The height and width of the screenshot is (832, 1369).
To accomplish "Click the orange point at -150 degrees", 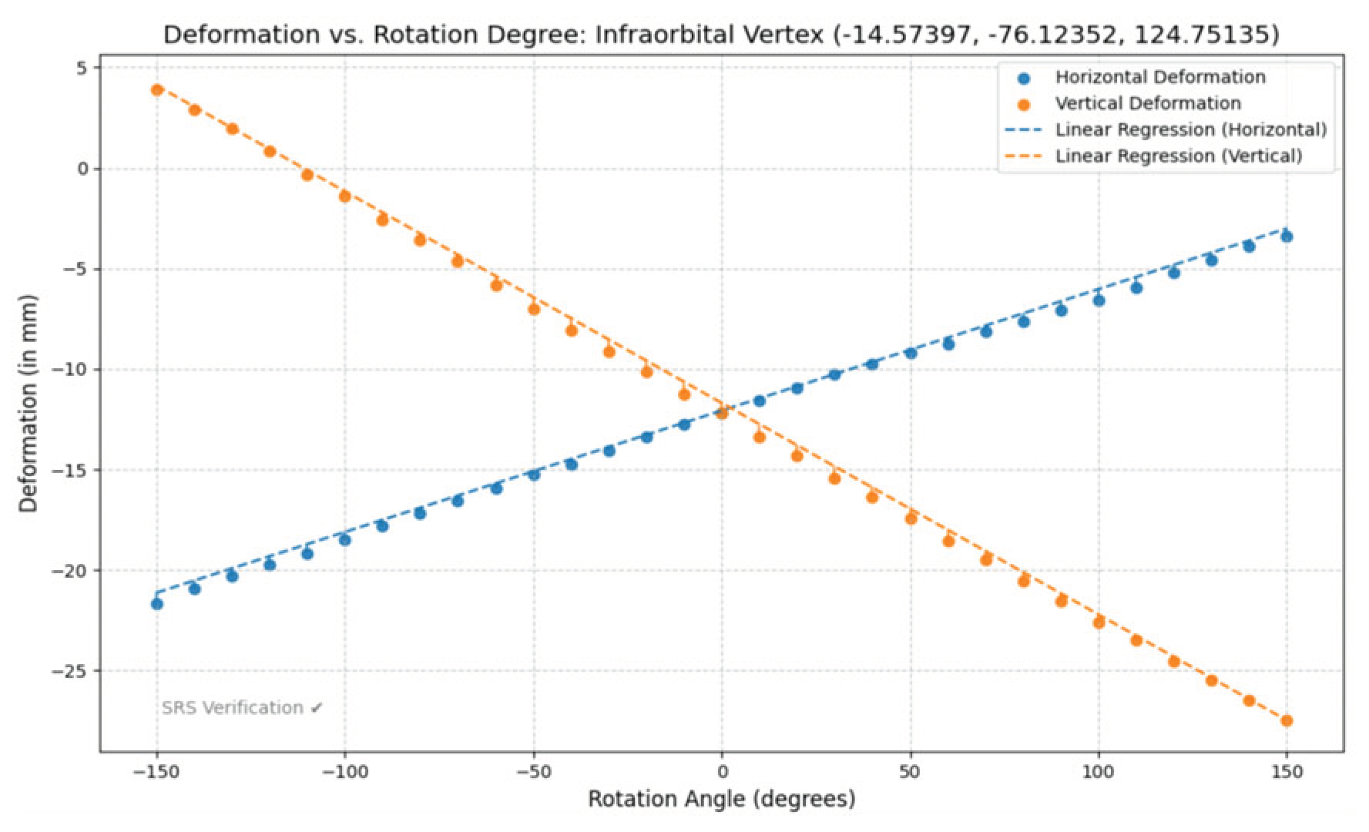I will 157,90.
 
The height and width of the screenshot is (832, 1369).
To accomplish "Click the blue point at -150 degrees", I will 157,603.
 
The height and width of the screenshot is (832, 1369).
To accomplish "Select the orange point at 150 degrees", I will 1286,720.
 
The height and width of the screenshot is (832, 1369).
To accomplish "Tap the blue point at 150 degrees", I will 1286,237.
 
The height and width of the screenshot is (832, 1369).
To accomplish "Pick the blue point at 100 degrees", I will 1099,300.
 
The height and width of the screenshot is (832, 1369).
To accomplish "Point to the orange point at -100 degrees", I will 345,196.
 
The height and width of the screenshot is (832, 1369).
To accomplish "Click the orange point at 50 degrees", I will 911,518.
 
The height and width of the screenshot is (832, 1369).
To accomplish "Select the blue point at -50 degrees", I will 534,475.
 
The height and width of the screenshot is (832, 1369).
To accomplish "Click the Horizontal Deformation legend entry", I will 1159,77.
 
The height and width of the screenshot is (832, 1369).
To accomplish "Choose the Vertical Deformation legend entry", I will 1148,103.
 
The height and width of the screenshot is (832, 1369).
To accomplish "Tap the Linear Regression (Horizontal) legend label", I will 1190,129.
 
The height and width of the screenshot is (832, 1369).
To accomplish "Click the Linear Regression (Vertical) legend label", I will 1178,156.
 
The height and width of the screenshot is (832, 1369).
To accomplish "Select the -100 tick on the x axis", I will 344,771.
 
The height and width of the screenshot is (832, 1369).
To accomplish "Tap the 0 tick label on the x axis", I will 722,771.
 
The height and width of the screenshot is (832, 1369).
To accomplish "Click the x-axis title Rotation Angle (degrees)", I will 722,799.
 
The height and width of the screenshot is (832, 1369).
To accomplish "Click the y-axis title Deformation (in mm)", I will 29,403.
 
